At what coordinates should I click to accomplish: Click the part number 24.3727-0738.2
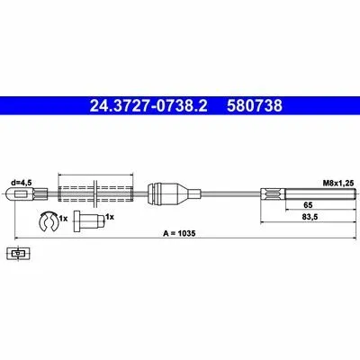click(148, 105)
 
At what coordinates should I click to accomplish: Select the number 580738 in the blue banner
click(255, 105)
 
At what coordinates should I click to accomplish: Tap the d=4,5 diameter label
click(22, 183)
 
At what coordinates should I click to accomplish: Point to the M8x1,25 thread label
click(338, 183)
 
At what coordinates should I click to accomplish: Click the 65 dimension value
click(308, 205)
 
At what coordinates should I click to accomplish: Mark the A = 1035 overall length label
click(179, 233)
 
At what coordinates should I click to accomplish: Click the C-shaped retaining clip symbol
click(48, 221)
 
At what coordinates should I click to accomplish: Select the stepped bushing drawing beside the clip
click(89, 220)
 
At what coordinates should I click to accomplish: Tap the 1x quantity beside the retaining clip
click(63, 219)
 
